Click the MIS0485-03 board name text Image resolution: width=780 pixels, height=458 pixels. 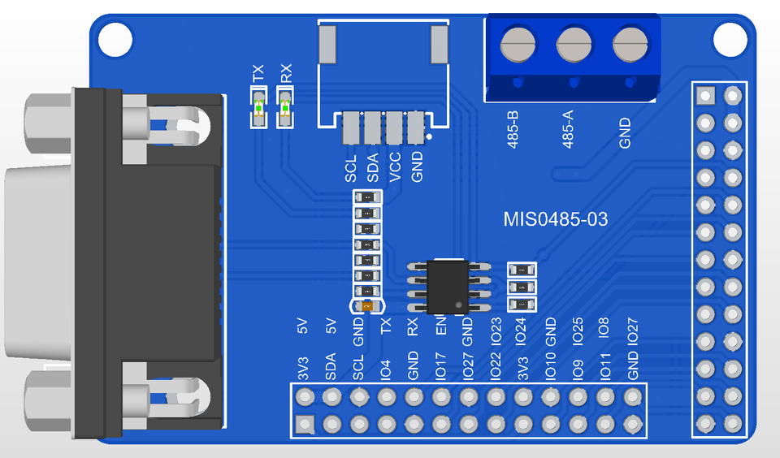point(555,219)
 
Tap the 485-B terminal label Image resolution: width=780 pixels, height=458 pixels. point(513,130)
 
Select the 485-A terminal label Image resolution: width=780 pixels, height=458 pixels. point(568,129)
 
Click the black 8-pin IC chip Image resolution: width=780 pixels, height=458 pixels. point(448,287)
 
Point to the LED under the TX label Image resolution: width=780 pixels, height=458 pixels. point(258,107)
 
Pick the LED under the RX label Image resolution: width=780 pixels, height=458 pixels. point(285,107)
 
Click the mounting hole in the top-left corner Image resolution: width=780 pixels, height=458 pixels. point(115,40)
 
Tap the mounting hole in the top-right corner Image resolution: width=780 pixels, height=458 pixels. point(730,40)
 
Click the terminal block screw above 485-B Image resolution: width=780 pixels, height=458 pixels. point(518,45)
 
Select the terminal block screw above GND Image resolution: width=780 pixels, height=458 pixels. point(630,45)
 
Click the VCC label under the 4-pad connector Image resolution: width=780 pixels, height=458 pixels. point(395,167)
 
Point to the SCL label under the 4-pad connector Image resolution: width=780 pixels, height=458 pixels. point(351,169)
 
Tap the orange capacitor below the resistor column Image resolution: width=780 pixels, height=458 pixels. point(367,306)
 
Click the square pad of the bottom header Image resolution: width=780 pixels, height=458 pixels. point(305,425)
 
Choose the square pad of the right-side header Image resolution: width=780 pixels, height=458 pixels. point(705,96)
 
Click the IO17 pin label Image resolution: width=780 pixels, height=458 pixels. point(440,367)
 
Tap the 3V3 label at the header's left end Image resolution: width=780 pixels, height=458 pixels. point(303,369)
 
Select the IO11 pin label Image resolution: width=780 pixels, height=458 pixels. point(604,367)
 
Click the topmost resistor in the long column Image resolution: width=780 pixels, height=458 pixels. point(367,198)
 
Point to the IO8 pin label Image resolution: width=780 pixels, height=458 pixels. point(604,328)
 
